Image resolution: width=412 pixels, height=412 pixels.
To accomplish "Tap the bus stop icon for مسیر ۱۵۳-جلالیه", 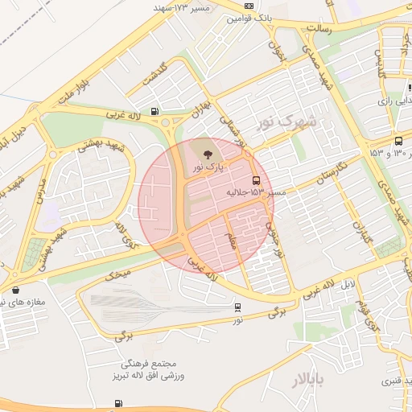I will (256, 180).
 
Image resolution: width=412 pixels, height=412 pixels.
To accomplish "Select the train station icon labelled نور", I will (237, 307).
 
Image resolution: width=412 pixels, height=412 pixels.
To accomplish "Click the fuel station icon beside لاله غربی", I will (154, 112).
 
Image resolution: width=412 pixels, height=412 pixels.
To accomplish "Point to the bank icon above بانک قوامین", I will (249, 6).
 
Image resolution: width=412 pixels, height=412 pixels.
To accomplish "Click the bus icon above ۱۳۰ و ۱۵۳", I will (398, 141).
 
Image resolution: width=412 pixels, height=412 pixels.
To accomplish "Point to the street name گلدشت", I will (154, 72).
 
